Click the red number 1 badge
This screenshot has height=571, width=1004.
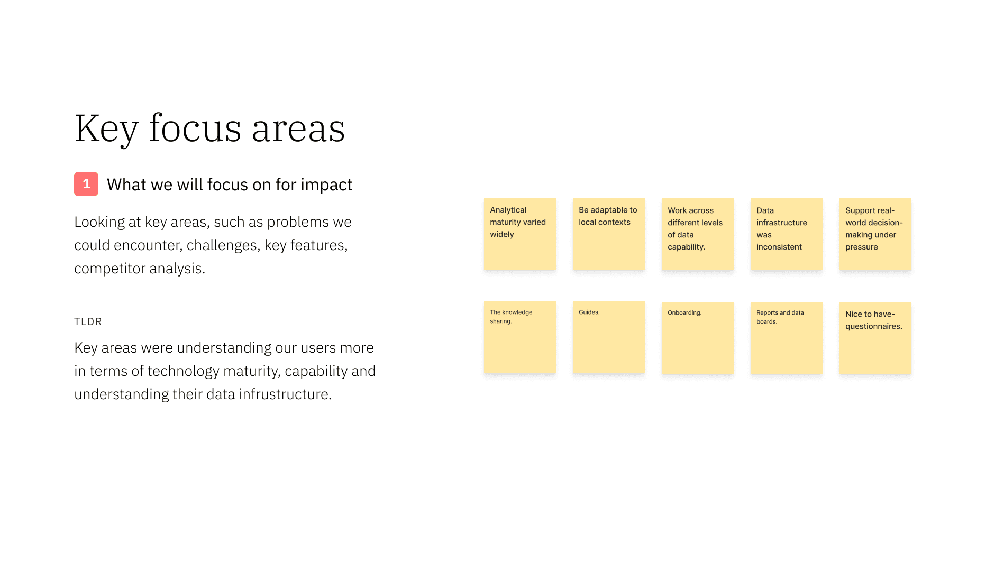coord(86,184)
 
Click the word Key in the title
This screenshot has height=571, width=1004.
coord(106,128)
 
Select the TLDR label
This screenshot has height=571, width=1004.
coord(88,321)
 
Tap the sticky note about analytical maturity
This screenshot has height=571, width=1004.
coord(520,234)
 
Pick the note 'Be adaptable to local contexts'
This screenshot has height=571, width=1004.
coord(609,234)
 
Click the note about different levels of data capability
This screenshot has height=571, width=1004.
coord(698,234)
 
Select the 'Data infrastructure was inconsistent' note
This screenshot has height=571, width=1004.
coord(787,234)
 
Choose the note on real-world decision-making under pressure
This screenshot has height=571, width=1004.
coord(875,234)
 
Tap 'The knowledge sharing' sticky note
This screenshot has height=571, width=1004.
coord(520,337)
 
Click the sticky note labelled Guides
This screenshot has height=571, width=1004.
coord(609,337)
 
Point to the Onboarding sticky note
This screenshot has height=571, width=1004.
coord(698,338)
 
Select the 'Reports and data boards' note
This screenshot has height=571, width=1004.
coord(787,338)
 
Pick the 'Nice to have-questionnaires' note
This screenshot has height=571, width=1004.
coord(875,338)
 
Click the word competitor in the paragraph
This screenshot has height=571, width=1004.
coord(110,269)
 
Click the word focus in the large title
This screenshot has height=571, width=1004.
coord(195,128)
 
